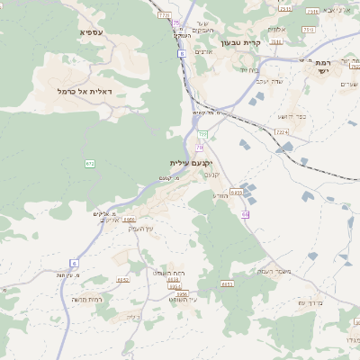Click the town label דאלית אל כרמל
[84, 91]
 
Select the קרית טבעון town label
[240, 42]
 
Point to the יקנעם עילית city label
[190, 163]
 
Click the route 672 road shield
[90, 163]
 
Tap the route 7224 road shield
[282, 132]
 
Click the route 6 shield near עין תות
[74, 262]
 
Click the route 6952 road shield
[130, 220]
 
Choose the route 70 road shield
[199, 147]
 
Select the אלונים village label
[277, 29]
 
